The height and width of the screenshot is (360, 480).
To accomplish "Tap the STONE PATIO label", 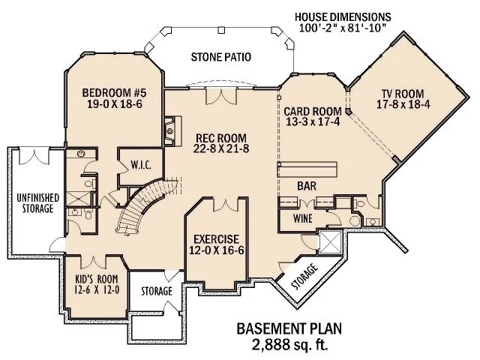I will (x=220, y=57).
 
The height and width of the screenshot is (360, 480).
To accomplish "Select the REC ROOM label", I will (x=221, y=138).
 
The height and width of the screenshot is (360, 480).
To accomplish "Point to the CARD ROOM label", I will (x=313, y=111).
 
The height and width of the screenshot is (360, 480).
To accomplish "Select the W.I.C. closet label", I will (x=142, y=165).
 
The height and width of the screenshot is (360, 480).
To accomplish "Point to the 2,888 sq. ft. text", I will (x=283, y=344).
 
